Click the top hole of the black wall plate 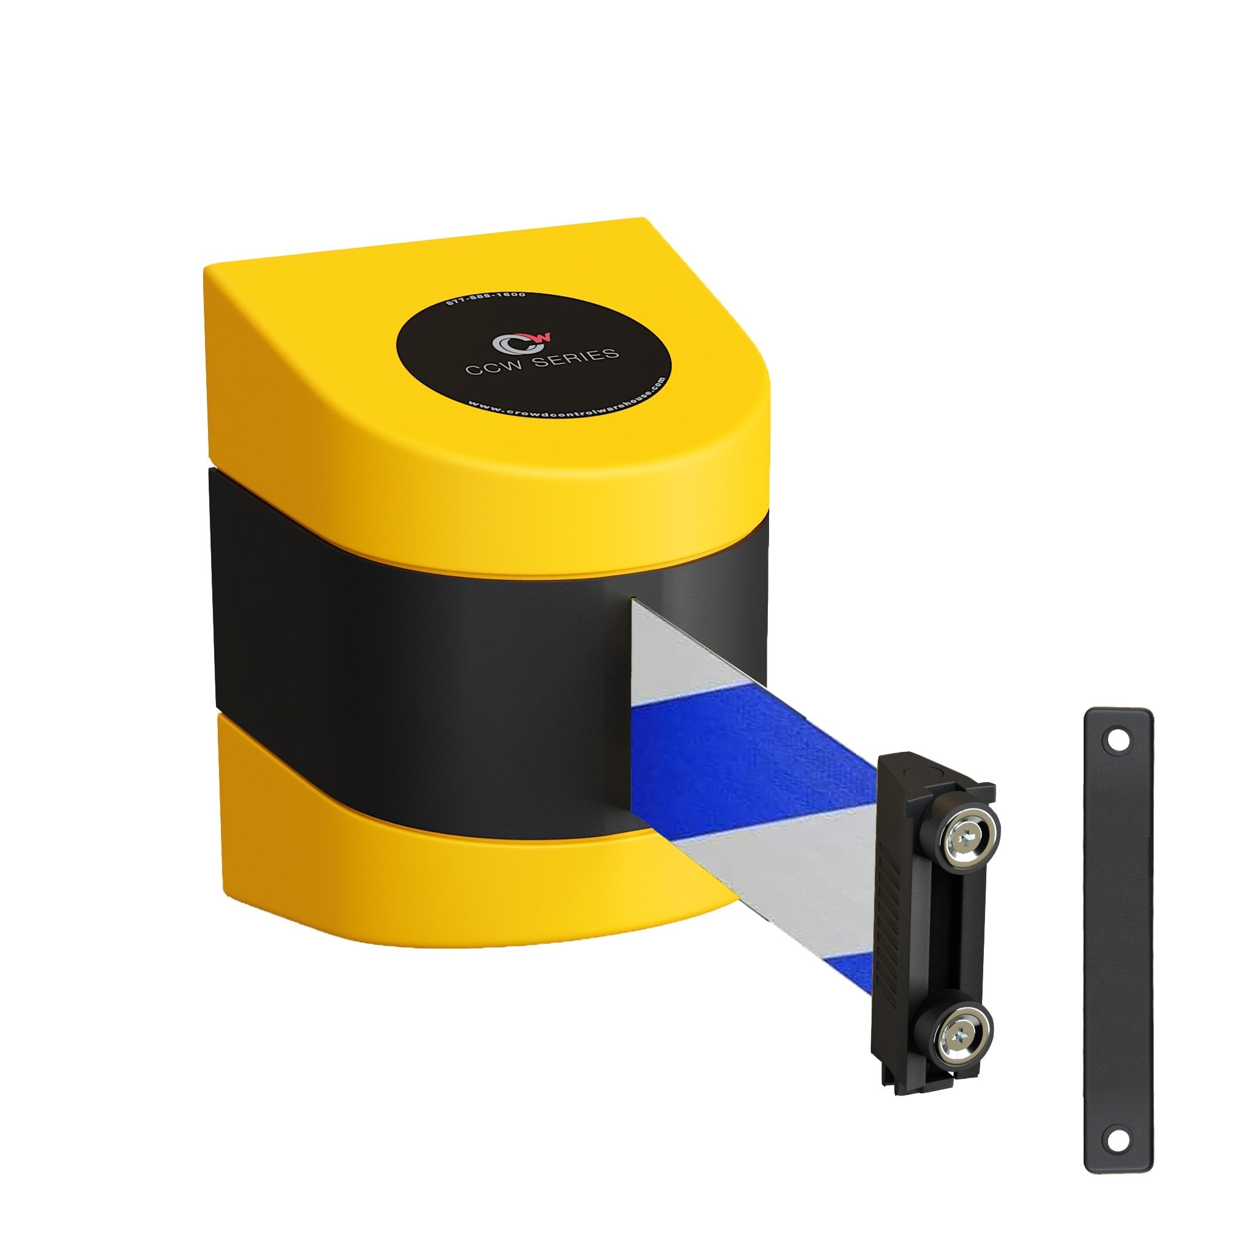coord(1118,741)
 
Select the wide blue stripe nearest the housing coord(735,755)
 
